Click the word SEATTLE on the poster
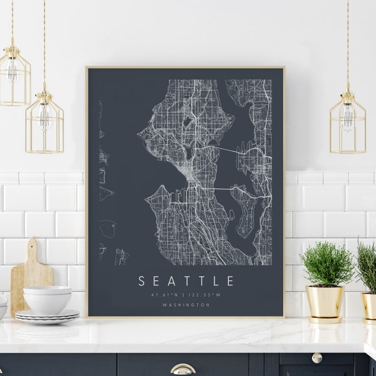(x=186, y=281)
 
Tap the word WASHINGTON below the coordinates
(x=185, y=305)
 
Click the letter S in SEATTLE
(x=142, y=281)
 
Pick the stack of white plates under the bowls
(x=47, y=317)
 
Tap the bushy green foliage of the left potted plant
(x=326, y=263)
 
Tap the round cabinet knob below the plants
(x=317, y=357)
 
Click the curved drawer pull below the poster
(x=182, y=370)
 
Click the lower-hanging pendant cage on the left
(x=44, y=122)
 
